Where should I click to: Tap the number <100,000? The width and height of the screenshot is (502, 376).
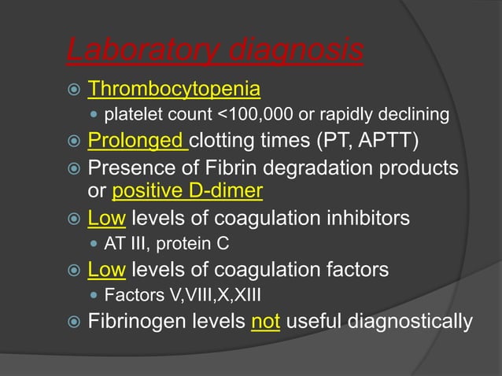[x=254, y=116]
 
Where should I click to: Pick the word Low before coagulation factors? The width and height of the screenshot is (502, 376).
[x=107, y=271]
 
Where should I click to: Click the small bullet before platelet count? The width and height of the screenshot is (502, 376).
[x=94, y=116]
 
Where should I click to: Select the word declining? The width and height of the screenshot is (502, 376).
[x=421, y=116]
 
